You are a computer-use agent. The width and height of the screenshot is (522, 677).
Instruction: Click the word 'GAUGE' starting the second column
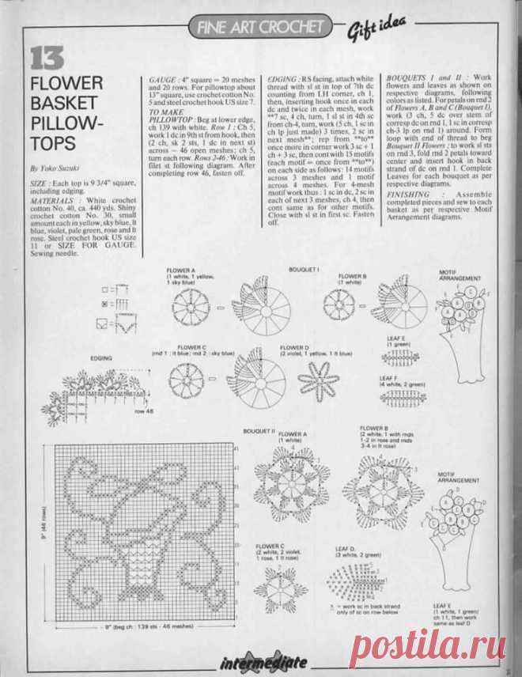[x=162, y=81]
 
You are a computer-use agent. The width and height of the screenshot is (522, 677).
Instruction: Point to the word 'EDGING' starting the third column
[x=281, y=81]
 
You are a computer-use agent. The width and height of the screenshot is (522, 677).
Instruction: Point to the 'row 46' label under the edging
[x=144, y=412]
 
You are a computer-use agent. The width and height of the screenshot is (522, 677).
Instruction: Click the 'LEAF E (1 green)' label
[x=398, y=342]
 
